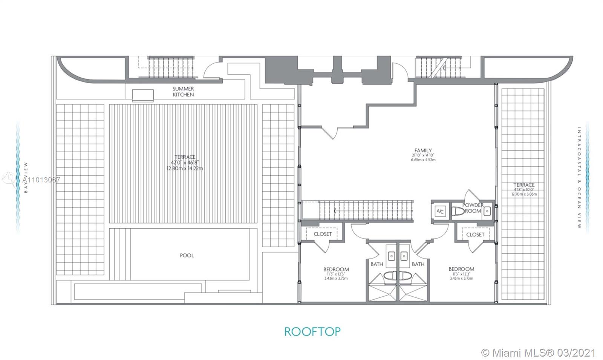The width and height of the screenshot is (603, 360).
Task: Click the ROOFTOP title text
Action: (x=312, y=332)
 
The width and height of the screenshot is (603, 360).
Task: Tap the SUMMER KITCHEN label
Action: (x=183, y=92)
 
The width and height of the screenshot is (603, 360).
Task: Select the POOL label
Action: (x=187, y=256)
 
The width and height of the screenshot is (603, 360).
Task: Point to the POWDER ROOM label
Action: (x=473, y=208)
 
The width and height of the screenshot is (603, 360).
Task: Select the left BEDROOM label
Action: (x=336, y=269)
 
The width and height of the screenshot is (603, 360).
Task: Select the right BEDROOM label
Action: (x=461, y=269)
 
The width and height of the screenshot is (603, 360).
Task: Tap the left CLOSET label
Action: (x=323, y=234)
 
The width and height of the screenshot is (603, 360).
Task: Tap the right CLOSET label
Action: (x=475, y=234)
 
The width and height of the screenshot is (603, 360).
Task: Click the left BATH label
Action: (x=376, y=264)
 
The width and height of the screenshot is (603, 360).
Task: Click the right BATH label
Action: (x=418, y=264)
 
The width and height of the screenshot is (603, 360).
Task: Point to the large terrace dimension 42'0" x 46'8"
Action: (x=185, y=163)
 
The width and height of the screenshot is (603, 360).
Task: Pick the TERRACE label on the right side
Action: (x=524, y=185)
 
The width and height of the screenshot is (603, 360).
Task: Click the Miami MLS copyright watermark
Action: (x=539, y=353)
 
